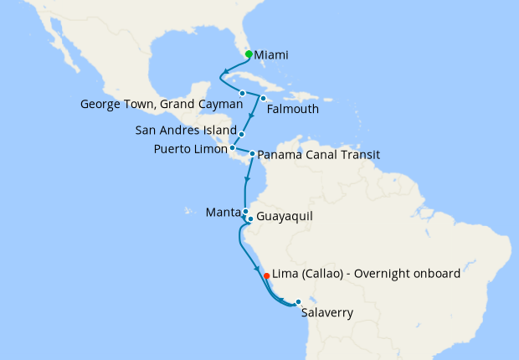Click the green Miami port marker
click(249, 54)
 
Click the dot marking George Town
click(242, 93)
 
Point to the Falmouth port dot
click(263, 98)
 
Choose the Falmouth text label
click(292, 108)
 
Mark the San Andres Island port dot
click(241, 134)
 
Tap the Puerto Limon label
click(190, 149)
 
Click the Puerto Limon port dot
click(233, 148)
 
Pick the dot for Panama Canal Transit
click(252, 154)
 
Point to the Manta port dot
click(245, 212)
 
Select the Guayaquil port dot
click(250, 219)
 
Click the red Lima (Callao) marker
click(266, 275)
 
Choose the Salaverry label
click(327, 313)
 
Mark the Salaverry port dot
click(298, 301)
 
